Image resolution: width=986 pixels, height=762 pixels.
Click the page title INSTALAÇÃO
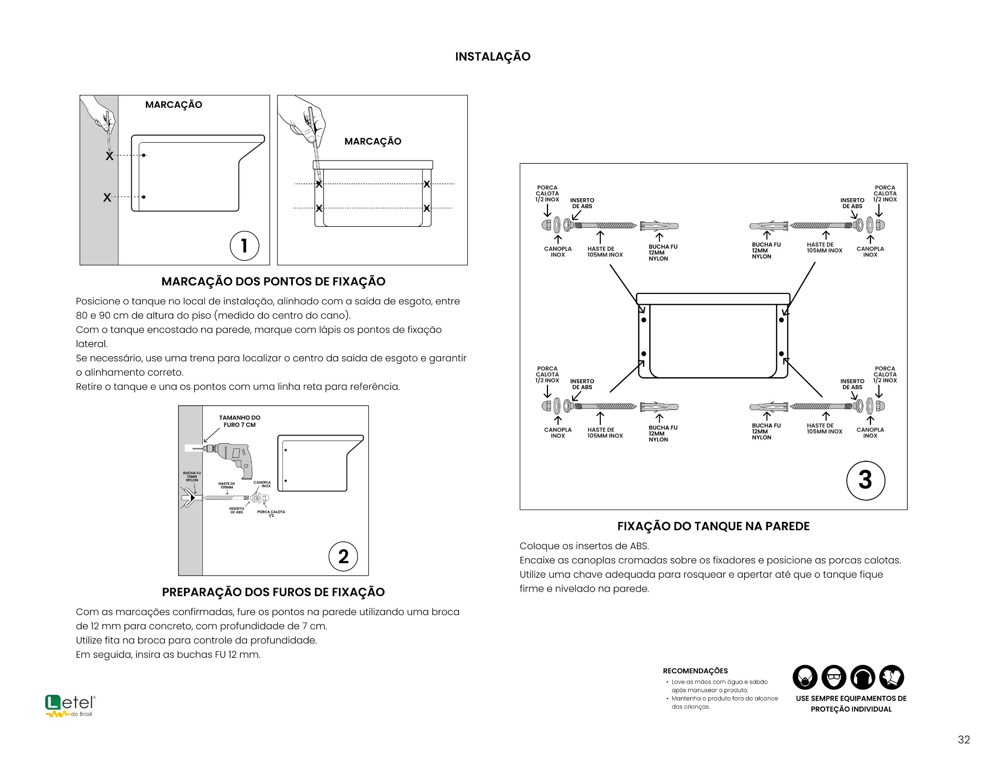(x=492, y=56)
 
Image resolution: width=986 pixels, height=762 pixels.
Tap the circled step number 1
(x=244, y=245)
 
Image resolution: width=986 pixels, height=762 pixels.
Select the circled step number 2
(x=343, y=556)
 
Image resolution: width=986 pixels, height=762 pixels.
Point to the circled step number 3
(x=865, y=480)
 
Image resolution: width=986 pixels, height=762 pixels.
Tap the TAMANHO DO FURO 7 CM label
(x=239, y=421)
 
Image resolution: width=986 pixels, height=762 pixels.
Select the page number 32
(x=963, y=739)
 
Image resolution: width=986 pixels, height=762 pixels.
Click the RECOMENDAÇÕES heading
(x=695, y=671)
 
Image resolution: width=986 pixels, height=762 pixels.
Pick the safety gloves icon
(x=892, y=677)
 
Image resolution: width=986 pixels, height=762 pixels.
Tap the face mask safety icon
(x=805, y=677)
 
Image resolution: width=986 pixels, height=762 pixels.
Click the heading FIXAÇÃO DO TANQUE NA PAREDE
(x=713, y=526)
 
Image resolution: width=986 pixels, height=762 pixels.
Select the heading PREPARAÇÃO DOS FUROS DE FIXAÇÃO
(x=273, y=592)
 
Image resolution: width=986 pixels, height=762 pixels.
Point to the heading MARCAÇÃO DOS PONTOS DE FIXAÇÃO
(x=273, y=281)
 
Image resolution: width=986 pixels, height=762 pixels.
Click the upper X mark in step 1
(x=109, y=156)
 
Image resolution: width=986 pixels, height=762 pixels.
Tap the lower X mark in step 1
(x=107, y=198)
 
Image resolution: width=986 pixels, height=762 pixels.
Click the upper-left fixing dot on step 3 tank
(x=643, y=320)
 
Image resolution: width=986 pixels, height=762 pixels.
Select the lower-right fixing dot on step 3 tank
(x=781, y=354)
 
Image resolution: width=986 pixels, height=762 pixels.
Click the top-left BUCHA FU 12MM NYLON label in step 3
(x=662, y=252)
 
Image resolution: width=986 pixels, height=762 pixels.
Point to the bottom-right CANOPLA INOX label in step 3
(x=870, y=433)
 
